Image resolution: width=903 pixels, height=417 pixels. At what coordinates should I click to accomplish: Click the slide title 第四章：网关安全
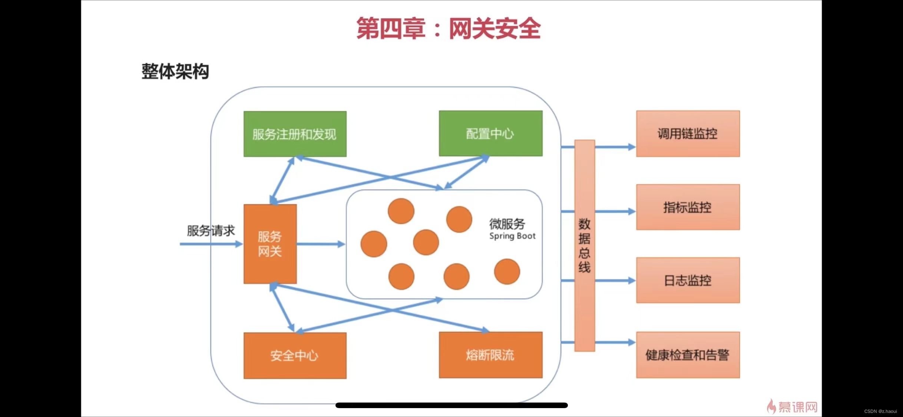coord(448,29)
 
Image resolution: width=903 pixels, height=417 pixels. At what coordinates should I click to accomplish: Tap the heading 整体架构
coord(175,71)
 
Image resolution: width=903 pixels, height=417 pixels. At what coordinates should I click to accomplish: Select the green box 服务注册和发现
coord(295,134)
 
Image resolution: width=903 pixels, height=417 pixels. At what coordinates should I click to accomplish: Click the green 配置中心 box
coord(490,133)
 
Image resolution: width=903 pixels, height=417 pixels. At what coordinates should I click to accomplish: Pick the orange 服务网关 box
coord(270,244)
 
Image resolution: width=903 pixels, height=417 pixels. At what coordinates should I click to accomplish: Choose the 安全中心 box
coord(295,355)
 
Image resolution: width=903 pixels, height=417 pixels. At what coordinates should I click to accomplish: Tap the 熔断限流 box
coord(490,355)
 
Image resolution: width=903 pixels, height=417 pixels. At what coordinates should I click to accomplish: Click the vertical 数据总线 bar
coord(585,245)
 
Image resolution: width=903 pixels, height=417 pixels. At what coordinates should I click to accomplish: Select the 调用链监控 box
coord(688,133)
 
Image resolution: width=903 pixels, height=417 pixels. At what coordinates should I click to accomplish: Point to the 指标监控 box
coord(688,207)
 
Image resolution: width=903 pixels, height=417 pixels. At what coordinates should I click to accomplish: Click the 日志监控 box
coord(688,280)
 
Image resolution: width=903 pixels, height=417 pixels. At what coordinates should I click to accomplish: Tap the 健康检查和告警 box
coord(688,355)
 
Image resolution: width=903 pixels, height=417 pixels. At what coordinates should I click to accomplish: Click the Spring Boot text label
coord(512,236)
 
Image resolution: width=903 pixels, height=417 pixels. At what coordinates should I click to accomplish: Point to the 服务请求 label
coord(211,231)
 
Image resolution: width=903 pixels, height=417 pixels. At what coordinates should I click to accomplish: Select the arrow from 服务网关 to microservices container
coord(321,244)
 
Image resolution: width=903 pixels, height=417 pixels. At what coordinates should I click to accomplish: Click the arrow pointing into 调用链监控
coord(615,147)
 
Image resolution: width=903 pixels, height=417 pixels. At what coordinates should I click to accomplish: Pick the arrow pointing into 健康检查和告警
coord(615,342)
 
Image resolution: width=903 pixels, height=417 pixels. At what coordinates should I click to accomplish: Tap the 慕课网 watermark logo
coord(793,407)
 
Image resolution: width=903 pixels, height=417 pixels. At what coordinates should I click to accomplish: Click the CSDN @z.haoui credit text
coord(880,411)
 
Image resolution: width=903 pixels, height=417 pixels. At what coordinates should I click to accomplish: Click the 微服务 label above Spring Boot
coord(507,224)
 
